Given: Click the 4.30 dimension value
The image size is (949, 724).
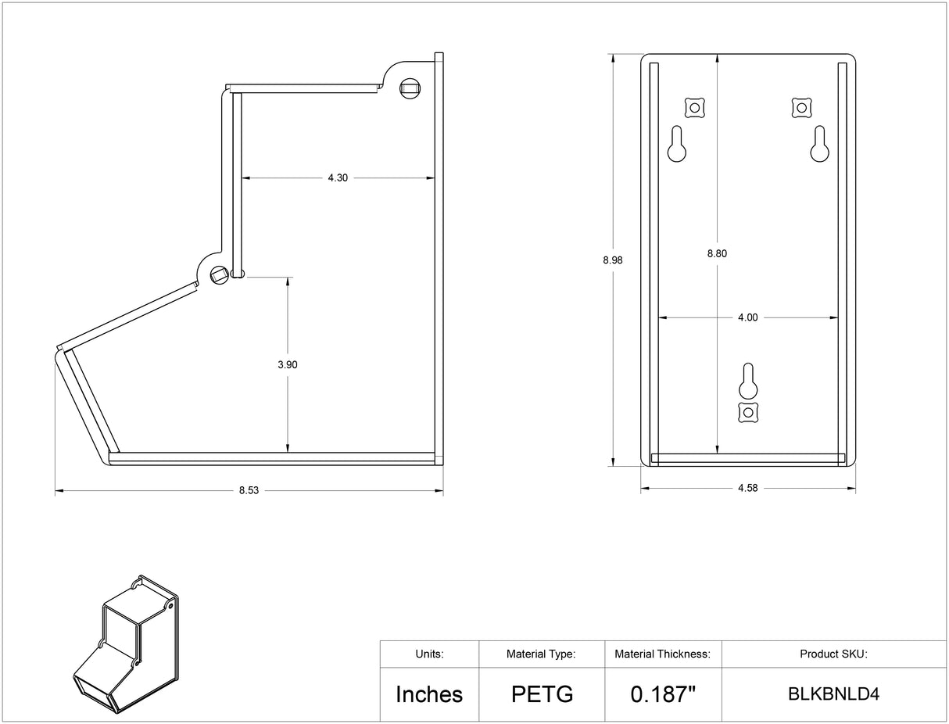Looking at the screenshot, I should (338, 178).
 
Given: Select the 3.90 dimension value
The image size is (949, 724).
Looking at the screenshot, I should (288, 364).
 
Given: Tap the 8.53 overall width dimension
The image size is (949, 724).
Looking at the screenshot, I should (249, 491).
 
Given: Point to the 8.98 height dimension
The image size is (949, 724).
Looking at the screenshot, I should (613, 260).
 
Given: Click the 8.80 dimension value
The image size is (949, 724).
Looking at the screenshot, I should (717, 253).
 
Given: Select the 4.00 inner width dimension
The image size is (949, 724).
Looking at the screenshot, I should (747, 317).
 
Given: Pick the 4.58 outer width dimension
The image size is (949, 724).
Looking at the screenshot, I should (747, 488).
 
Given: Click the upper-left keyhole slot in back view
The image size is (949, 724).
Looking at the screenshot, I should (677, 145).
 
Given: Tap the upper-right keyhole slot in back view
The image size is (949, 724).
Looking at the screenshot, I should (818, 145).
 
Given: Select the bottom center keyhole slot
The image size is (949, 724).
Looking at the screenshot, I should (748, 382).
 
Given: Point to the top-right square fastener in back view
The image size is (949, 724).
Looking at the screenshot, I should (801, 106).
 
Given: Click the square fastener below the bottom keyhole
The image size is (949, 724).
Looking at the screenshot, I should (748, 412).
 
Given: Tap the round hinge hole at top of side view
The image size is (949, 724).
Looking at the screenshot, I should (410, 88).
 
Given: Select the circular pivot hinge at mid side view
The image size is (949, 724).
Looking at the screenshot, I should (218, 273).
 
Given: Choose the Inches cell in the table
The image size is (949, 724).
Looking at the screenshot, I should (429, 694).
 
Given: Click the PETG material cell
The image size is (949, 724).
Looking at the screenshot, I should (542, 694).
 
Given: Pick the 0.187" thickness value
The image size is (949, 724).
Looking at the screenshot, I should (662, 694).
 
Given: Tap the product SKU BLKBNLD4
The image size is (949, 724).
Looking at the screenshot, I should (833, 694).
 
